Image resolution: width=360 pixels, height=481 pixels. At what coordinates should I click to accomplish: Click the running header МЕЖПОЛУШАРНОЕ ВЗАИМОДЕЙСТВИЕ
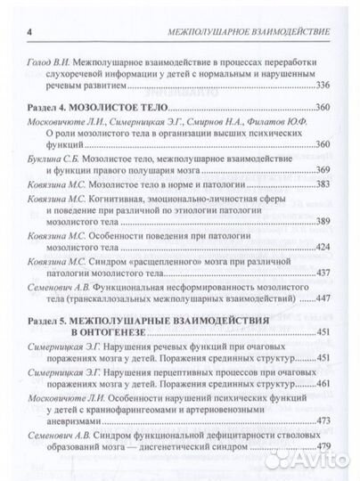coord(250,33)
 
